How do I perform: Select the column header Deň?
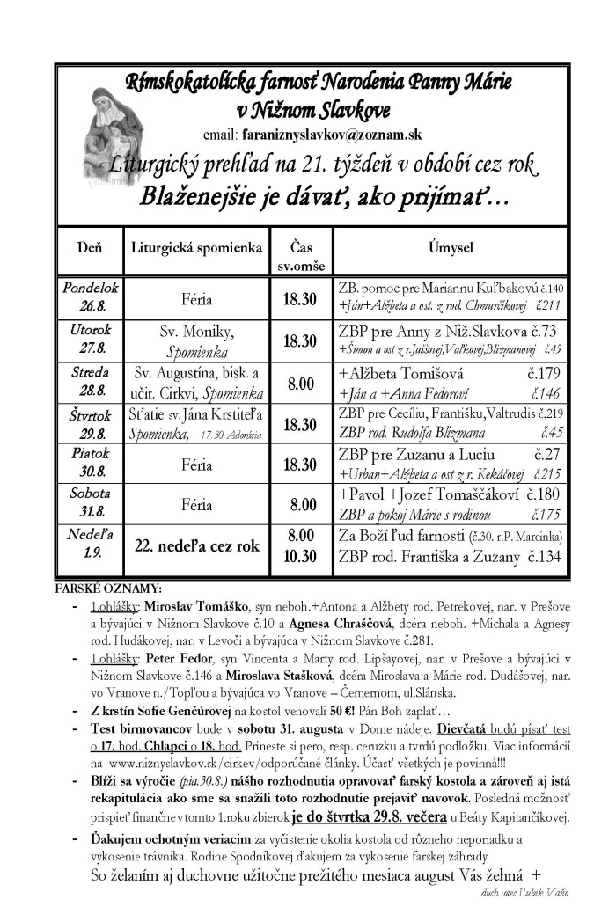[x=88, y=248]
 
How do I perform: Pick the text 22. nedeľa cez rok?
[x=196, y=545]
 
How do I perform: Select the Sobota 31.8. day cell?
[x=88, y=504]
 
